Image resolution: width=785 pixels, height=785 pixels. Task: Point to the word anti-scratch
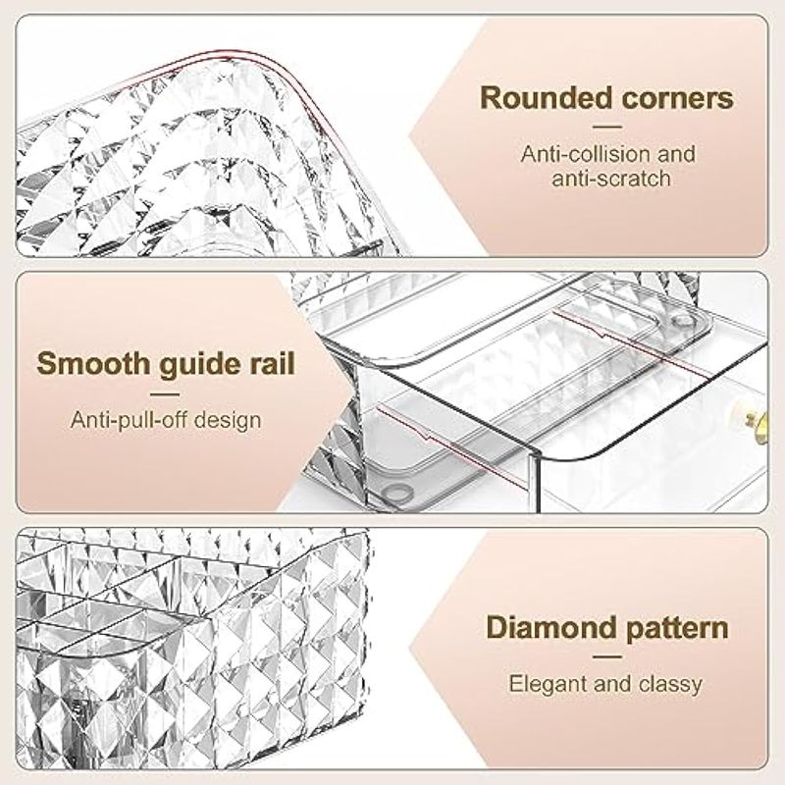pyautogui.click(x=610, y=179)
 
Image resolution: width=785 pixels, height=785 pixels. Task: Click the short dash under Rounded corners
pyautogui.click(x=606, y=127)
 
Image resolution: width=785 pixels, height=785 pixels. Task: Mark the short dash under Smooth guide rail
pyautogui.click(x=165, y=394)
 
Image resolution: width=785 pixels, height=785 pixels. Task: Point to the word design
pyautogui.click(x=228, y=421)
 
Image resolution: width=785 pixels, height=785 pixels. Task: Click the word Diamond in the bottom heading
pyautogui.click(x=552, y=627)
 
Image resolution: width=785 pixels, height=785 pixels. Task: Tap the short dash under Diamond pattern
pyautogui.click(x=606, y=657)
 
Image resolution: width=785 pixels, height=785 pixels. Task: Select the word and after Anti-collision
pyautogui.click(x=676, y=154)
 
